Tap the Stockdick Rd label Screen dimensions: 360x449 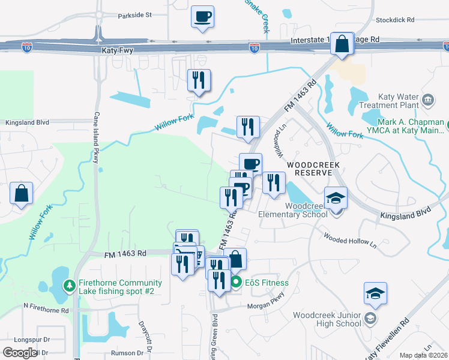click(395, 20)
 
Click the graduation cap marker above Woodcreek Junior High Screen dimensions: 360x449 click(375, 294)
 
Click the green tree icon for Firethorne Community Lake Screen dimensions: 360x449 click(70, 283)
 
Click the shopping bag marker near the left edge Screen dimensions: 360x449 click(21, 194)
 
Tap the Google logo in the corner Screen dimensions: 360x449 click(19, 352)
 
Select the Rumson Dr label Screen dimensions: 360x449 click(127, 353)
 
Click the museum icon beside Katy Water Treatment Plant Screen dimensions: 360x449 click(428, 99)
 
